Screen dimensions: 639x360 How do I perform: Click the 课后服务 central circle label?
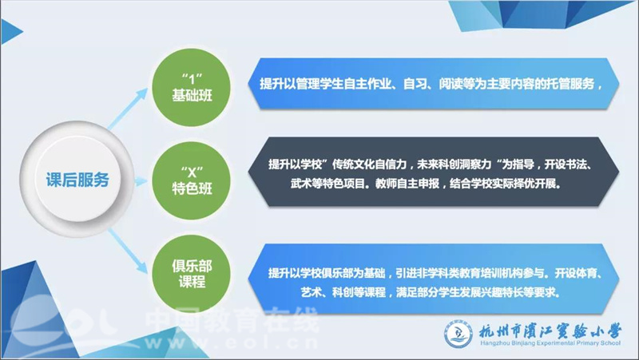(77, 180)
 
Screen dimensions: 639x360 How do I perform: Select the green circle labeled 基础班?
(191, 88)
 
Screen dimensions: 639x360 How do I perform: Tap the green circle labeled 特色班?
(191, 180)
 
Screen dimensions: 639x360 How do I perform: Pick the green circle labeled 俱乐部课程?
(191, 273)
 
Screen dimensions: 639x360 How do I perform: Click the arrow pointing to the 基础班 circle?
(127, 109)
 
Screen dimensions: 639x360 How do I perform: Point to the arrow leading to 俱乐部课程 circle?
(128, 251)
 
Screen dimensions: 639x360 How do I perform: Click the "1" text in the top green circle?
(192, 77)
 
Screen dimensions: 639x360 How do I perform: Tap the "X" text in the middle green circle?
(192, 172)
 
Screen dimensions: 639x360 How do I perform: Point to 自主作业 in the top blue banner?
(362, 85)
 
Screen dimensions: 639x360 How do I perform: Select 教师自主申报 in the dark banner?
(407, 184)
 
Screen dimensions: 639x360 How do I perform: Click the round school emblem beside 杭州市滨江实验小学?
(458, 334)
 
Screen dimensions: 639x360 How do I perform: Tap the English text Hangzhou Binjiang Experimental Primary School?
(550, 343)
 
